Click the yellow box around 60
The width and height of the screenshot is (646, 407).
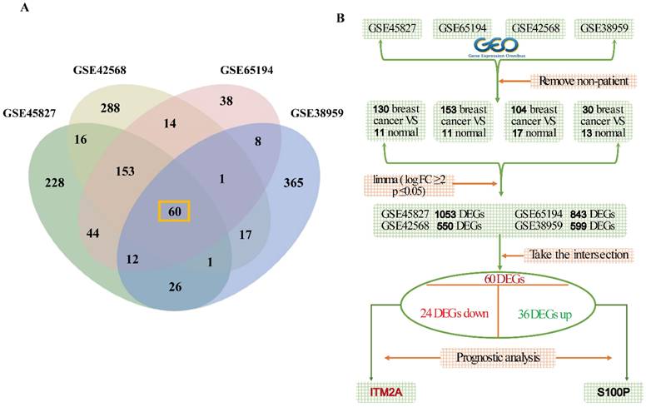point(175,211)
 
